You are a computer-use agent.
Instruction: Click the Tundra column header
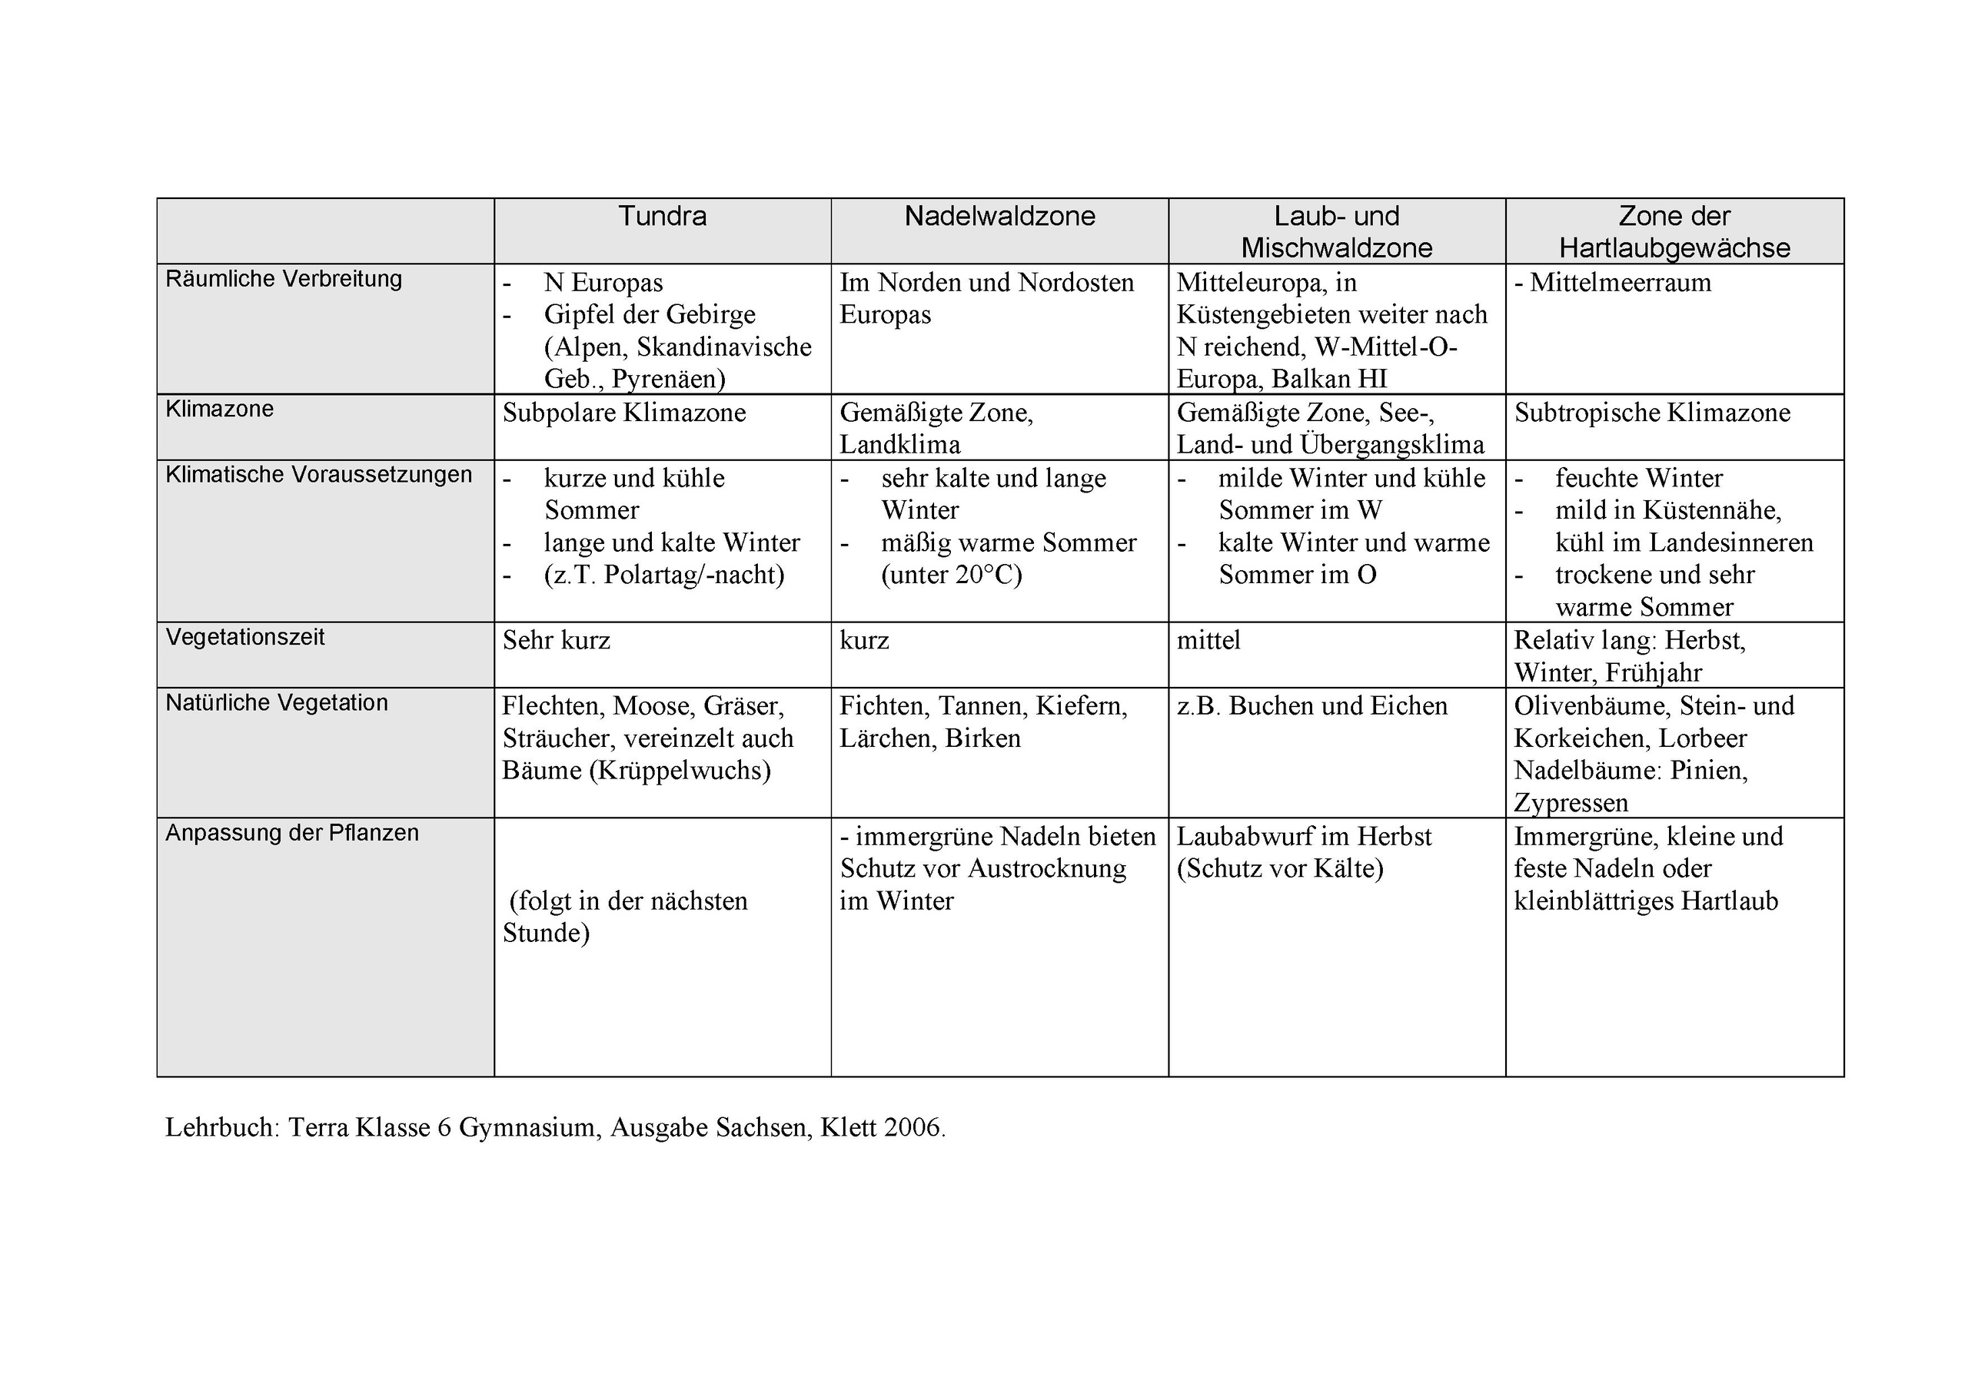pos(662,216)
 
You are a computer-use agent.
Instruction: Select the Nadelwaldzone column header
pos(999,216)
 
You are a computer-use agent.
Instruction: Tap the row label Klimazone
pos(219,409)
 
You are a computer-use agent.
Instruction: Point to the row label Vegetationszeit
pos(245,637)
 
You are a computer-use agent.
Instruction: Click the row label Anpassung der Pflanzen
pos(292,832)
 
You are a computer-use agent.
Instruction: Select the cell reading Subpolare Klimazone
pos(624,413)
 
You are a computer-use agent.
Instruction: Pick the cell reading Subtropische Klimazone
pos(1652,413)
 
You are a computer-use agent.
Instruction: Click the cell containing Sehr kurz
pos(557,640)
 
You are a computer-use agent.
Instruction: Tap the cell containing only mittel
pos(1208,640)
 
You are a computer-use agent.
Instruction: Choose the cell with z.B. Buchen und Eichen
pos(1311,706)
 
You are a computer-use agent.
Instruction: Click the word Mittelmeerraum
pos(1620,283)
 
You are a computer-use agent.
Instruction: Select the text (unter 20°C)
pos(952,574)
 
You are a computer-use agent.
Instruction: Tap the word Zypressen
pos(1571,803)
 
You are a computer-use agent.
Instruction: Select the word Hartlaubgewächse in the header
pos(1674,248)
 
